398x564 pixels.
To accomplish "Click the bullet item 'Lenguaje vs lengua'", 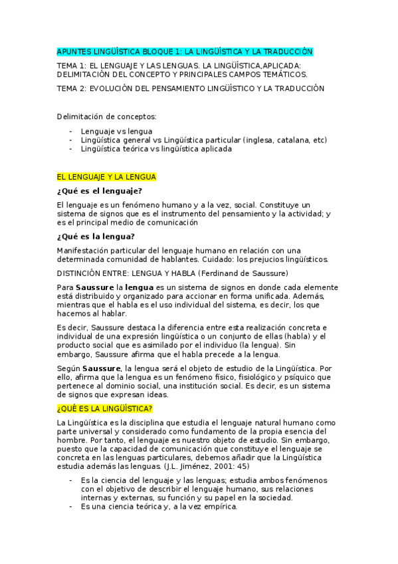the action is click(x=116, y=131).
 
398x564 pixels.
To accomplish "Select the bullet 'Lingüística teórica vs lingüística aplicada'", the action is click(x=156, y=150).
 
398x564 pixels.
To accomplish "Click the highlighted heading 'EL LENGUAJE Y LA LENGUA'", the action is click(x=107, y=178).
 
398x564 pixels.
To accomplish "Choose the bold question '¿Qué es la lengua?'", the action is click(x=96, y=236).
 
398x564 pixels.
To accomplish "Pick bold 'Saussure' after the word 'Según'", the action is click(x=101, y=368).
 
